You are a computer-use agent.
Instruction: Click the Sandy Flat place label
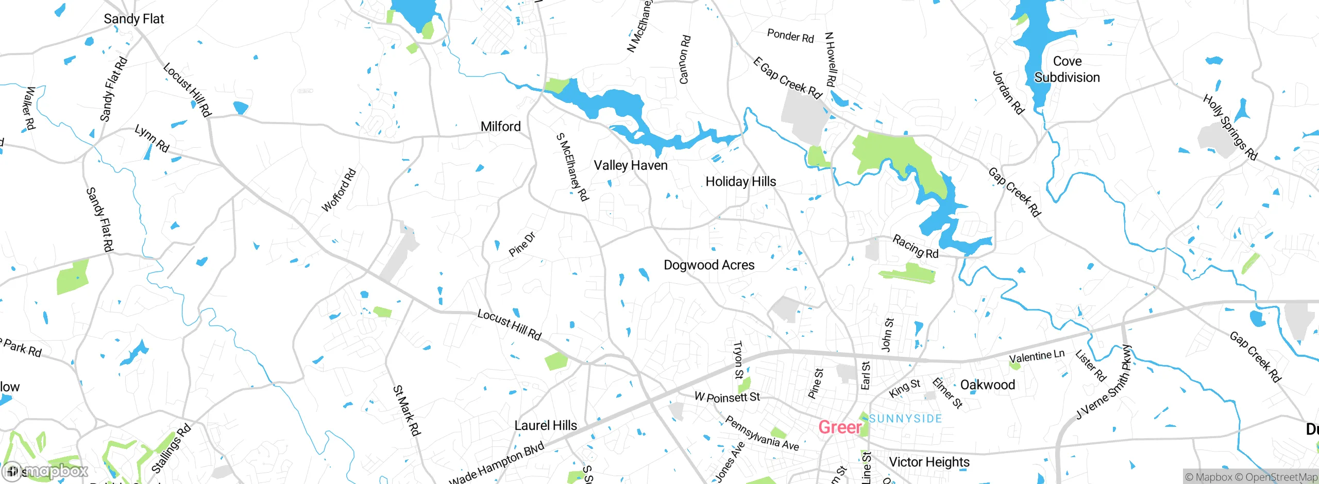click(x=133, y=19)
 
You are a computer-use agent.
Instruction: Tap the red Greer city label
click(x=840, y=427)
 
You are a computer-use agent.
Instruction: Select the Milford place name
click(x=500, y=127)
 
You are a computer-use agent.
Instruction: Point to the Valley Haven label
click(x=630, y=165)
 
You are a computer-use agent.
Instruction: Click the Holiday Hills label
click(x=740, y=182)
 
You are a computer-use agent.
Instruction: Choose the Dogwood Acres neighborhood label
click(x=709, y=265)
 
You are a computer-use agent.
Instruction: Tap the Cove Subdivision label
click(x=1067, y=70)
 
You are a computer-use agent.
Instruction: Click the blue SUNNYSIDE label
click(x=905, y=419)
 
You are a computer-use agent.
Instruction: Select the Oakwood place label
click(x=987, y=385)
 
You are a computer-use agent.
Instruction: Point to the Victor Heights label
click(x=929, y=462)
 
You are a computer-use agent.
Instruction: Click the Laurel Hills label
click(x=546, y=426)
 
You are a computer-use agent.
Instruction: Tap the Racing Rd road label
click(x=915, y=247)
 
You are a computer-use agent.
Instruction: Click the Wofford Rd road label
click(x=339, y=190)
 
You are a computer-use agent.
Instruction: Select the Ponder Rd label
click(x=790, y=36)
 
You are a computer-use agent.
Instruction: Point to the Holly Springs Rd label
click(x=1230, y=127)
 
